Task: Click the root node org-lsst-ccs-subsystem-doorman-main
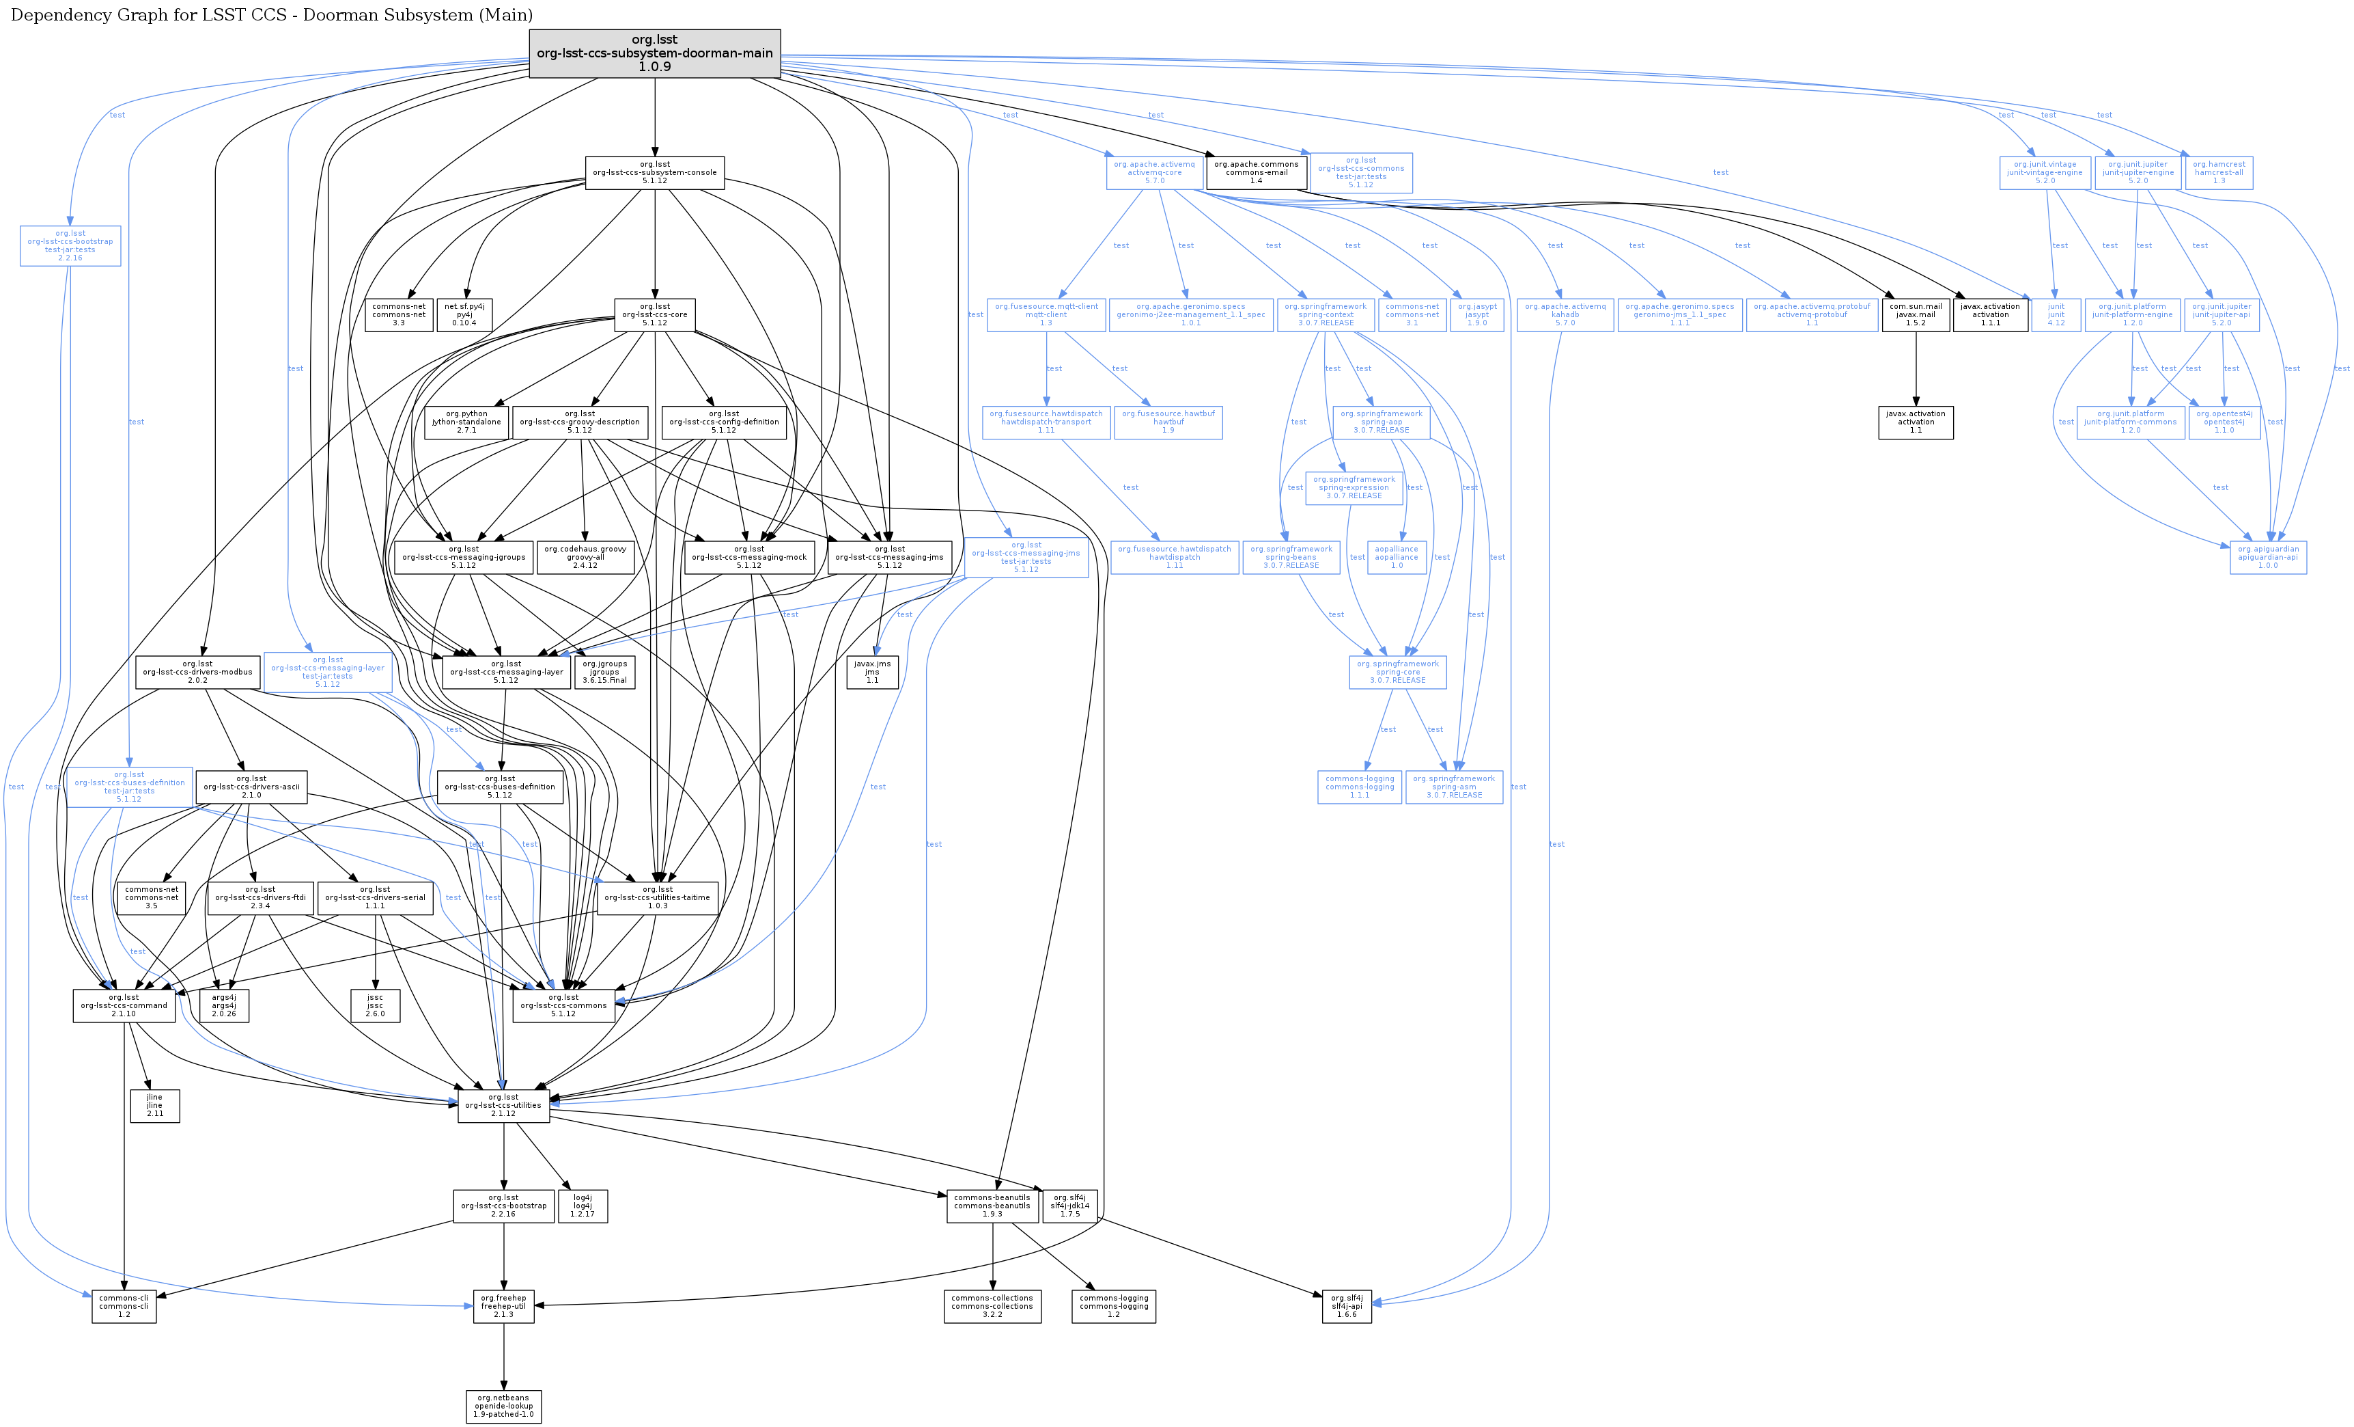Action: click(x=654, y=53)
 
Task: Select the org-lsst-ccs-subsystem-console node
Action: click(x=654, y=172)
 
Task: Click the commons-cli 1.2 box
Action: click(x=124, y=1305)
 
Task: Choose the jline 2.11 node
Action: click(x=155, y=1105)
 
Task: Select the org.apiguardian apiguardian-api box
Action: click(x=2267, y=557)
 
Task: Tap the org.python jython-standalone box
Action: click(x=466, y=422)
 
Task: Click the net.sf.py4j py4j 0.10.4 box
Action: click(x=464, y=314)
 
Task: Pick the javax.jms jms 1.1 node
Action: click(x=871, y=672)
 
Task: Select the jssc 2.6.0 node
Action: click(x=374, y=1005)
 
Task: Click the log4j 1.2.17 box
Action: click(x=583, y=1206)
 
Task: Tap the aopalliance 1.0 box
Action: click(x=1396, y=557)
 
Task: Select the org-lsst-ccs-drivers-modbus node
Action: click(x=198, y=672)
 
